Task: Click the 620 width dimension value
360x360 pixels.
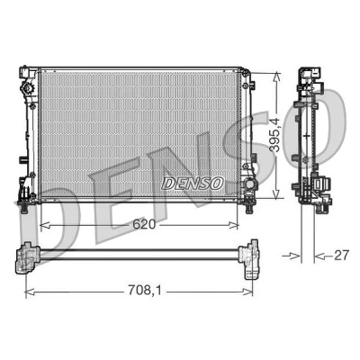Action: [x=144, y=224]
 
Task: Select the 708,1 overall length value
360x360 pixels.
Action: [x=145, y=290]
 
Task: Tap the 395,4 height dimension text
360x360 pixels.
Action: [x=274, y=135]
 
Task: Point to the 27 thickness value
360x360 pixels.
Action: [x=342, y=256]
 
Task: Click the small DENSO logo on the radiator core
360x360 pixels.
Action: [x=193, y=183]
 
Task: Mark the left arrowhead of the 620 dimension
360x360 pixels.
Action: [x=44, y=225]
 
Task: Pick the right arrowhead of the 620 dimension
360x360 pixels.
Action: [x=233, y=225]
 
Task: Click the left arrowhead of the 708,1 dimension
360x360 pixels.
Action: [x=31, y=292]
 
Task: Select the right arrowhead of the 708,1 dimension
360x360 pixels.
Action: [x=247, y=292]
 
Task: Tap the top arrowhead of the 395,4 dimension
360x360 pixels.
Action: [x=276, y=76]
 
